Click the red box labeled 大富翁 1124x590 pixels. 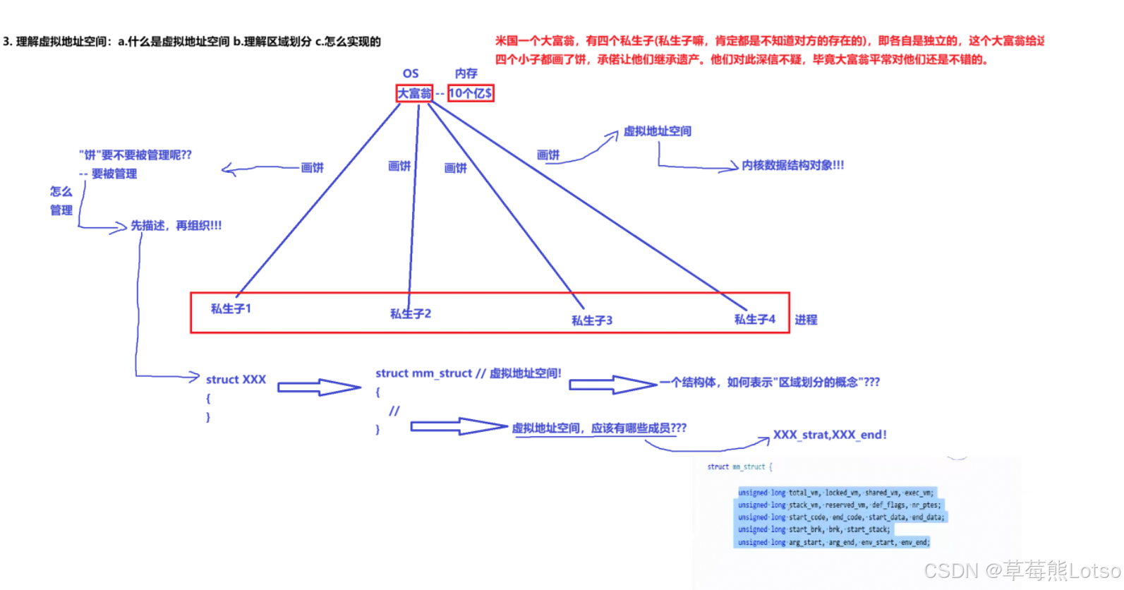point(414,93)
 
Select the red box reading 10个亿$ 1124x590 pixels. point(471,93)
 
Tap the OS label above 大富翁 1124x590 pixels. point(411,73)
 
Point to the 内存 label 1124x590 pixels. point(466,73)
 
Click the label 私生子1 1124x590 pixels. point(231,308)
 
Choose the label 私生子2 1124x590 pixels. point(411,313)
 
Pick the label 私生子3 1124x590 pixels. point(592,320)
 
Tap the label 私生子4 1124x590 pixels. point(754,320)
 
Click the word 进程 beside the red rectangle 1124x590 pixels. point(806,320)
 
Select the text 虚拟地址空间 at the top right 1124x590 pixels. point(657,131)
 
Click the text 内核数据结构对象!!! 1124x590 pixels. point(792,165)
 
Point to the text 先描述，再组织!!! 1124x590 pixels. point(176,226)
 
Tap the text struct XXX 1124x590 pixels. point(236,380)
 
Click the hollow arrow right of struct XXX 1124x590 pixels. point(319,387)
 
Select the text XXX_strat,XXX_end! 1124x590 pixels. point(830,435)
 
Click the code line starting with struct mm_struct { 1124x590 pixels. point(739,467)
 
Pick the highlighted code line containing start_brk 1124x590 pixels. point(814,529)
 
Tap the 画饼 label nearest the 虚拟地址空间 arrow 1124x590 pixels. point(548,155)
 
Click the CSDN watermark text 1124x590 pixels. point(1022,570)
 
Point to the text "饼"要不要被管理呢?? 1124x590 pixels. point(135,155)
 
